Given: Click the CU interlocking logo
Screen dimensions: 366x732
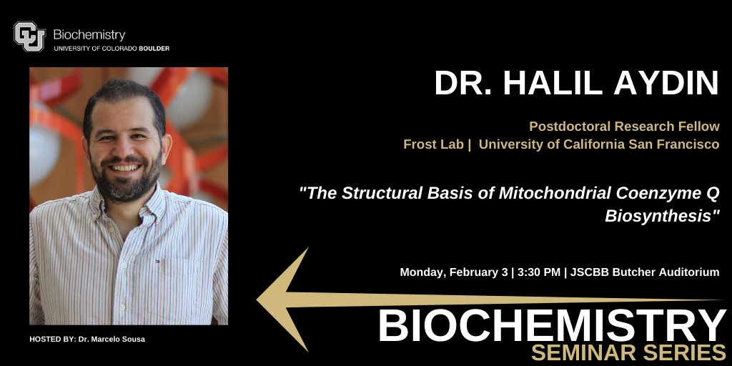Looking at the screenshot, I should [x=29, y=37].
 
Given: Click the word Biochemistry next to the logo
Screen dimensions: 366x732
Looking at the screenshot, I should [x=89, y=34].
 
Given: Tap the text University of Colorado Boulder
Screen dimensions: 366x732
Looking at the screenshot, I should [x=112, y=49].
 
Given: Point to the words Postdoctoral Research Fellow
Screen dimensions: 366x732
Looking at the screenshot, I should [x=624, y=127].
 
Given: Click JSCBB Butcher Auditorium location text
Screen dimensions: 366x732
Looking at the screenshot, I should [x=646, y=272].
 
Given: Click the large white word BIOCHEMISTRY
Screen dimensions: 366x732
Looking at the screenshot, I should [x=551, y=325].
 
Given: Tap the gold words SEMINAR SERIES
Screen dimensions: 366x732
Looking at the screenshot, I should [x=629, y=352].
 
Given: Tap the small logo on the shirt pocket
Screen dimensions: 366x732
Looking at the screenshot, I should [x=158, y=261].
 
